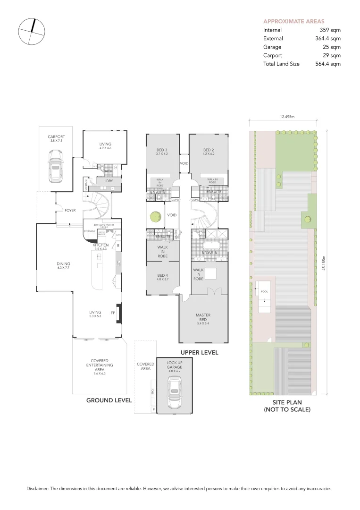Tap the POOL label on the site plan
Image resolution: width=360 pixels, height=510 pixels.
[x=264, y=291]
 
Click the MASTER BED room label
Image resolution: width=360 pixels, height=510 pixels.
[x=203, y=317]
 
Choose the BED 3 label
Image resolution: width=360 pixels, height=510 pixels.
[x=162, y=150]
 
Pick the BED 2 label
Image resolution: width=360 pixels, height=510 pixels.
[x=209, y=150]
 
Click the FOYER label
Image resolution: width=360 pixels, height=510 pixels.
[x=70, y=210]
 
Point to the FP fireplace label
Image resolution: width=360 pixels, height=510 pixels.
[x=112, y=312]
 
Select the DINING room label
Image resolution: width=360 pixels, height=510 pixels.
[x=63, y=264]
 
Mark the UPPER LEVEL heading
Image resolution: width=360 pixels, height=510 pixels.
[x=199, y=352]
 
